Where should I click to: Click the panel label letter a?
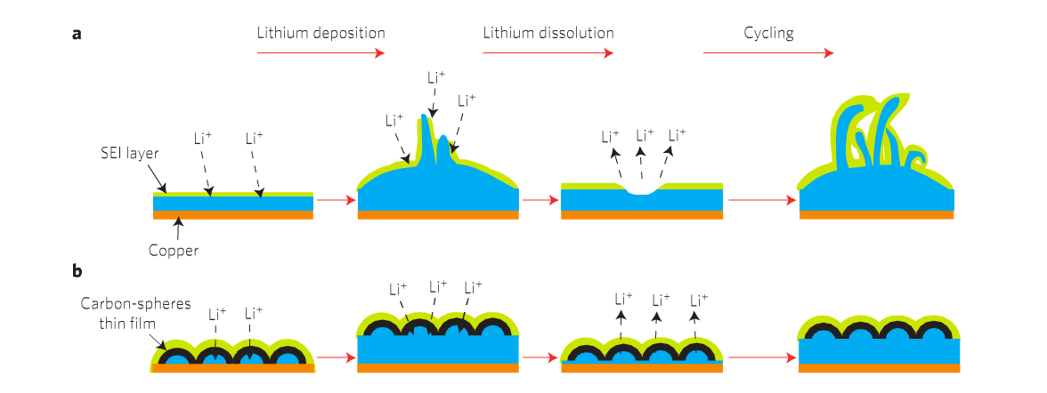point(77,34)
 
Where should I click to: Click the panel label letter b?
point(77,271)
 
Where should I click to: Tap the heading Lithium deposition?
point(321,33)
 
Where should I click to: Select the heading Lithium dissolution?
point(548,33)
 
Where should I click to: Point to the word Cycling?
point(768,34)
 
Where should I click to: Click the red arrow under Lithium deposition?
point(321,53)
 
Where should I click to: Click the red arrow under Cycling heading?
point(767,53)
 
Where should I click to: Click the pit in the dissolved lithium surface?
point(641,191)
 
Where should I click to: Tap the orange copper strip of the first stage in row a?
point(233,215)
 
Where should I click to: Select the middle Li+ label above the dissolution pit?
point(645,135)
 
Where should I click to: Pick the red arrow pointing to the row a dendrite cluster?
point(763,199)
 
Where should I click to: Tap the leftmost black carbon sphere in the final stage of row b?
point(824,330)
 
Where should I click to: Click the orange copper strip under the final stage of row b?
point(880,367)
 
